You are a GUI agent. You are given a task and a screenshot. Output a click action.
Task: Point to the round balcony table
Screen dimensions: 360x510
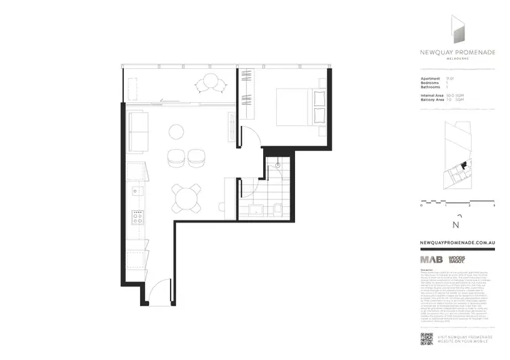tap(209, 83)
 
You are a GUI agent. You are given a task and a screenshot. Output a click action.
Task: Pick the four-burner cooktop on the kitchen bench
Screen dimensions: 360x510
tap(137, 217)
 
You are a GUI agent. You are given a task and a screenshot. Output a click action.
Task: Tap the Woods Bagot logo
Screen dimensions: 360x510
tap(456, 259)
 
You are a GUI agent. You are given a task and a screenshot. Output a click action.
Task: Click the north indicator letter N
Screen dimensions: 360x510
tap(456, 225)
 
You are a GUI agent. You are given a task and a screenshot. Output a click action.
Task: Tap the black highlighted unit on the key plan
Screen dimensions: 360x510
tap(464, 164)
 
